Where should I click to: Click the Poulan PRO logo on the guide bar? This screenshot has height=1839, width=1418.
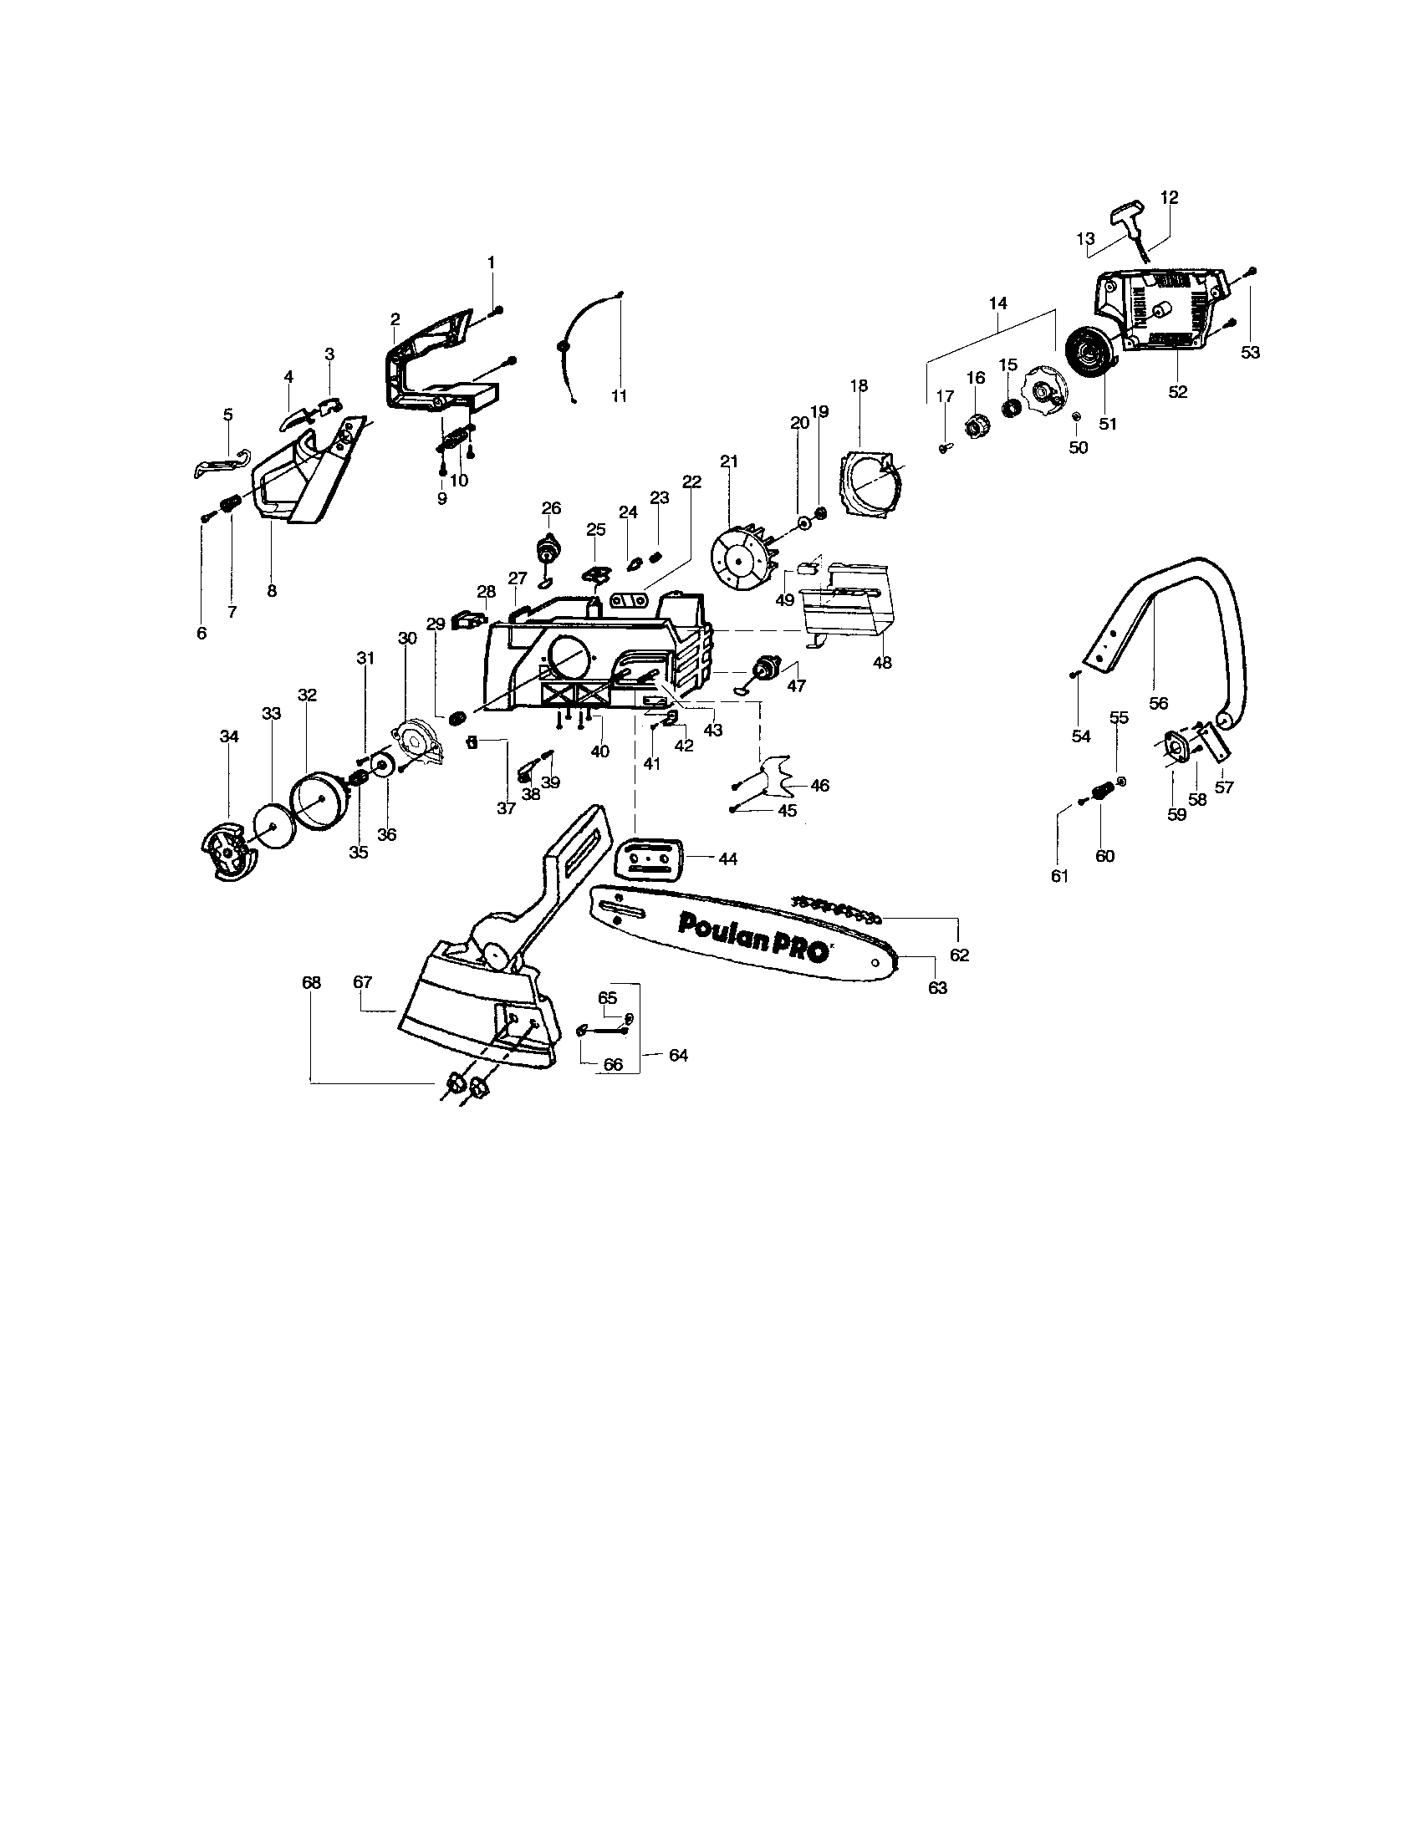tap(753, 934)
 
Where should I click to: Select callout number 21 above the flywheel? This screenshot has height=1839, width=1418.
tap(729, 461)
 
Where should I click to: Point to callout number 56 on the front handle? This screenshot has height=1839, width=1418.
tap(1159, 704)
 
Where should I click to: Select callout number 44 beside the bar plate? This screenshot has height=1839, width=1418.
tap(728, 858)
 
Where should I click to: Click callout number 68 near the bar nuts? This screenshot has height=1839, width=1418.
tap(312, 982)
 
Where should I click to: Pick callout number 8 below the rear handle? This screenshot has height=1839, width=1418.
tap(272, 591)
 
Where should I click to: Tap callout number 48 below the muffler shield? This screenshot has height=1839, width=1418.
tap(881, 663)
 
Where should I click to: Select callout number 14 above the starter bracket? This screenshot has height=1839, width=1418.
tap(998, 303)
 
